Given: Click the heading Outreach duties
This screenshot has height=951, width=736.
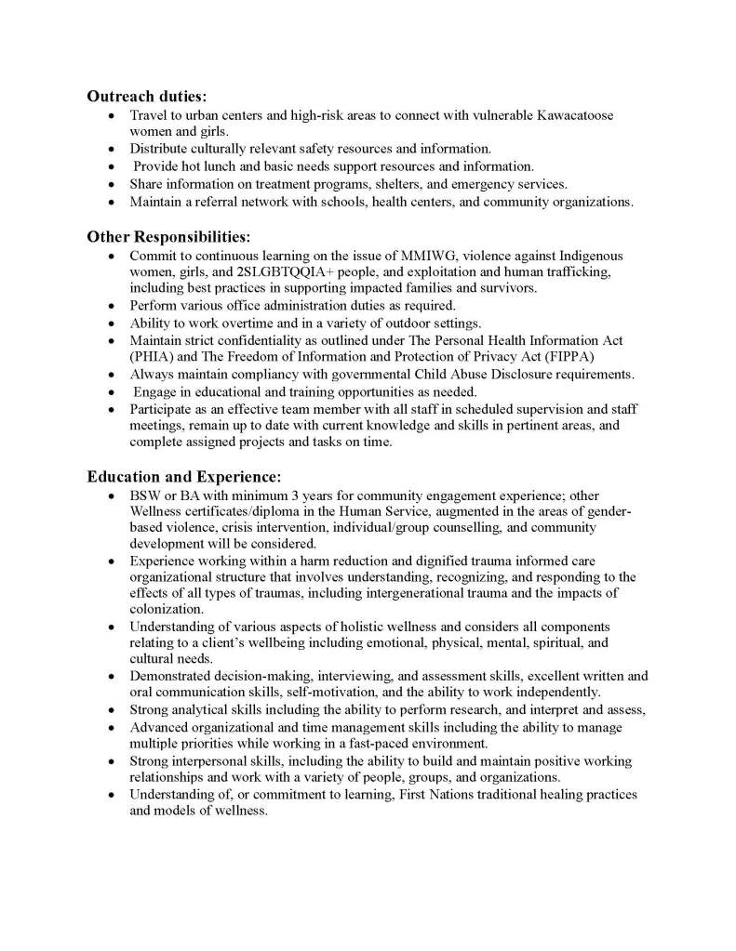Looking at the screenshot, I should (x=147, y=96).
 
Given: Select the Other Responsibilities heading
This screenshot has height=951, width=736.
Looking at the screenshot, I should (x=168, y=236).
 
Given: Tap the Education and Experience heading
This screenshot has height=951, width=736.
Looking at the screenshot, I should (x=177, y=477).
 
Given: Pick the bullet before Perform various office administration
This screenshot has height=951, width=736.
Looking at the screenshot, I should (x=112, y=306).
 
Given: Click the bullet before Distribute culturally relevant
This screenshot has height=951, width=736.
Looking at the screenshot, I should (x=112, y=149).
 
